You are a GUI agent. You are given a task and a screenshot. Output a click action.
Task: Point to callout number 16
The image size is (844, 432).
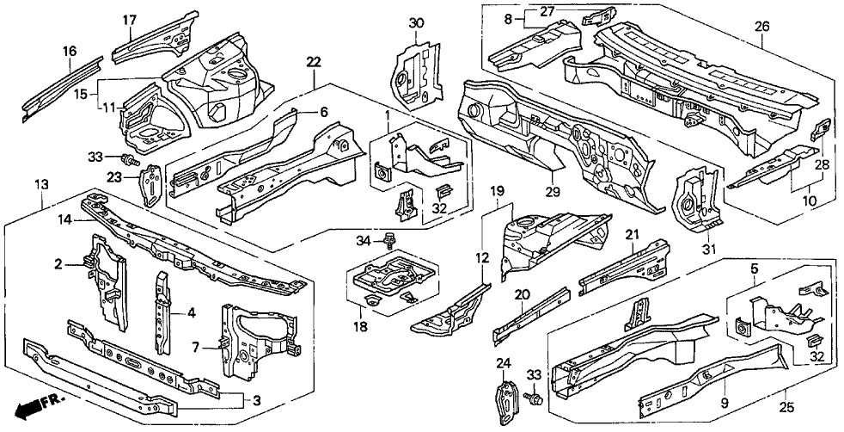(69, 52)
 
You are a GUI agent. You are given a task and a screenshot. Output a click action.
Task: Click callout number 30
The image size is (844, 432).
(416, 22)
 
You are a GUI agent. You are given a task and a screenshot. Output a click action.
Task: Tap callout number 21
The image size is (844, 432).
(632, 236)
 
